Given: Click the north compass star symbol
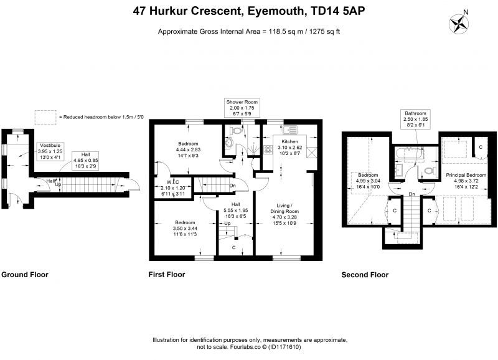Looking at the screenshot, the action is (x=459, y=24).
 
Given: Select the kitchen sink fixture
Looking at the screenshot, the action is (x=289, y=130).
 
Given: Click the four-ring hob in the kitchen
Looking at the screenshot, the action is (x=268, y=149).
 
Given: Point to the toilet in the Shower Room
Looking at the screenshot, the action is (x=236, y=131).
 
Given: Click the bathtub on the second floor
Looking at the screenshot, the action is (x=410, y=154).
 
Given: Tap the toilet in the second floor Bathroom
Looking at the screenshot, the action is (x=429, y=171).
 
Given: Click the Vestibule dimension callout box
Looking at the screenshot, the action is (x=50, y=151).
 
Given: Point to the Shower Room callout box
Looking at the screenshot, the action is (x=242, y=108).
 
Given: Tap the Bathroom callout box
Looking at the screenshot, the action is (x=415, y=119).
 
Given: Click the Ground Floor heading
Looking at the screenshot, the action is (x=25, y=275).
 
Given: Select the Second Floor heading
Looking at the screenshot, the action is (x=365, y=275).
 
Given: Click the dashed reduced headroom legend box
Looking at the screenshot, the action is (x=45, y=117).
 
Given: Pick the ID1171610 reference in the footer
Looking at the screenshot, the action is (x=284, y=347).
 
